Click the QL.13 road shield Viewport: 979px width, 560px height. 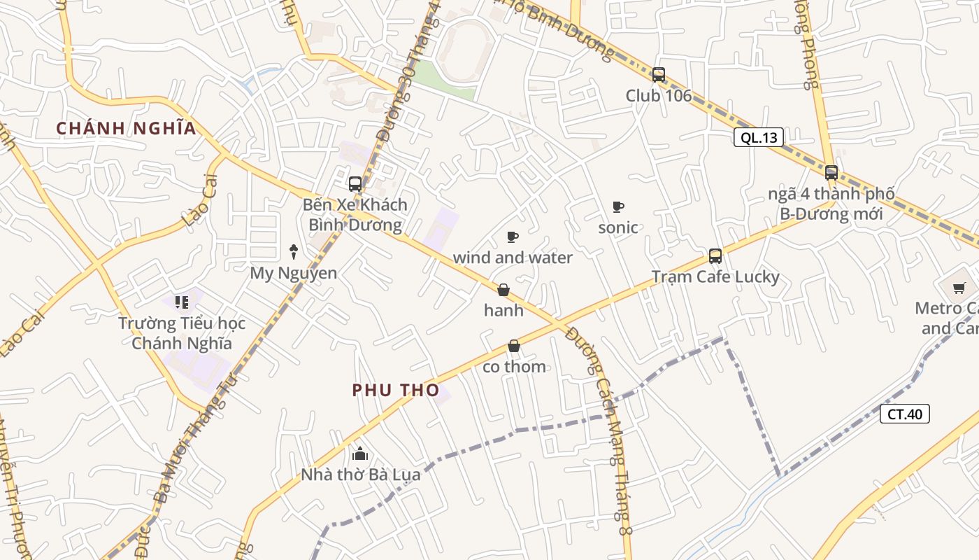(759, 137)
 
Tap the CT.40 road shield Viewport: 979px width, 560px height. (904, 414)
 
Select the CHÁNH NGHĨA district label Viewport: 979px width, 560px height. (126, 129)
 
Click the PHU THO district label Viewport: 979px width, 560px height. (396, 391)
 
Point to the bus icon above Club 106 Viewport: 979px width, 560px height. (658, 75)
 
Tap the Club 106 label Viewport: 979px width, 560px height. (658, 96)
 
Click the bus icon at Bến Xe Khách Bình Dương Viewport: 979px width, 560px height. (355, 184)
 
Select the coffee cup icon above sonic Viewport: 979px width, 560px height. (617, 206)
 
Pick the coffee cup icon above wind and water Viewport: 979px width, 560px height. (513, 237)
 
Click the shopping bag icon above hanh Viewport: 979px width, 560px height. (503, 290)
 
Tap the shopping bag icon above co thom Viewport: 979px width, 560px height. (514, 346)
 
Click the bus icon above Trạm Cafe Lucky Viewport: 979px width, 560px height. (715, 256)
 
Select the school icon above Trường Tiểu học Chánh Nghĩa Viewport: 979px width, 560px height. (182, 302)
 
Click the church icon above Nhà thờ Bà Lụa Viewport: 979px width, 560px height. (360, 454)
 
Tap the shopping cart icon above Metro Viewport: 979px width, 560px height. (959, 288)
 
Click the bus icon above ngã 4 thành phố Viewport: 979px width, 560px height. (831, 172)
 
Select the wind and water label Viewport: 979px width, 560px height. (513, 258)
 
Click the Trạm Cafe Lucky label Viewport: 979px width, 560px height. (715, 277)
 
